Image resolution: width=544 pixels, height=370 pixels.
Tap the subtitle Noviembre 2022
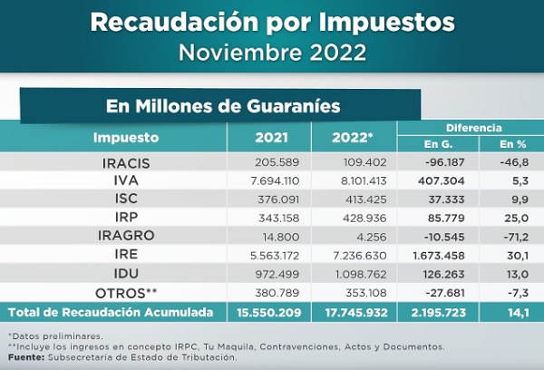[x=272, y=51]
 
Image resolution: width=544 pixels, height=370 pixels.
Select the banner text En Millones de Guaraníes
[x=222, y=105]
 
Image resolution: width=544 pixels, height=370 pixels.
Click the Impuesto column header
[x=126, y=138]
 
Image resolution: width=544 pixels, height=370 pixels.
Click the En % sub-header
[x=512, y=145]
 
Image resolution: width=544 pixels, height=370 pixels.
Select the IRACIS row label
[x=126, y=163]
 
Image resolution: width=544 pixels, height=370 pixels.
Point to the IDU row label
[x=126, y=274]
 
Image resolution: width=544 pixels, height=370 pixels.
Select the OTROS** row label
[x=126, y=292]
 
